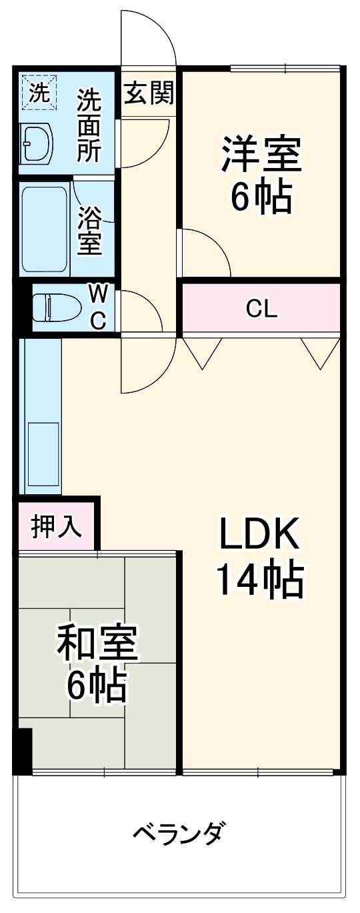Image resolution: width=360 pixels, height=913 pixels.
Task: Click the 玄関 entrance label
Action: pyautogui.click(x=149, y=94)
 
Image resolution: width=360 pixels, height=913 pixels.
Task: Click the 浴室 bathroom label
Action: pyautogui.click(x=90, y=231)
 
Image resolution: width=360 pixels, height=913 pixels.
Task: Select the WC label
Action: pyautogui.click(x=98, y=307)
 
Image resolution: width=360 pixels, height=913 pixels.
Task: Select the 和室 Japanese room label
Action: pyautogui.click(x=97, y=641)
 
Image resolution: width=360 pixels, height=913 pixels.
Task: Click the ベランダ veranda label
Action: pyautogui.click(x=179, y=833)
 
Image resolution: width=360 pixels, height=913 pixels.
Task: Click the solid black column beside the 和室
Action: pyautogui.click(x=23, y=750)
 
